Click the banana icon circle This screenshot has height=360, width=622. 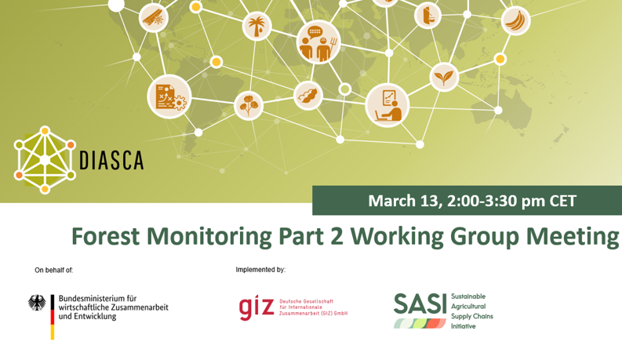pos(515,20)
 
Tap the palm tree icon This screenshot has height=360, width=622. pos(256,26)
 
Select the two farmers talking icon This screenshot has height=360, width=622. pos(318,42)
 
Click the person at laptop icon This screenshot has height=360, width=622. pos(387,105)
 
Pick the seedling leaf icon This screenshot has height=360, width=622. pos(444,77)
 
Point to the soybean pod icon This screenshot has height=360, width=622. pos(308,96)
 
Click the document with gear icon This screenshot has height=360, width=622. pos(169,96)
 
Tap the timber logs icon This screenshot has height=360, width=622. pos(154,17)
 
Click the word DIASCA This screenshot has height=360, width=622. pos(111,161)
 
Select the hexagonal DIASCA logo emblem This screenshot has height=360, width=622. pos(45,160)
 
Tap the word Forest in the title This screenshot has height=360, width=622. pos(105,236)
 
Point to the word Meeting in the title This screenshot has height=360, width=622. pos(573,237)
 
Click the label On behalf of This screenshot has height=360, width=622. pos(54,271)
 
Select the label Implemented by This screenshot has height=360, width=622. pos(260,270)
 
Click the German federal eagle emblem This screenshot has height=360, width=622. pos(37,303)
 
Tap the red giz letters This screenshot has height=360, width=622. pos(256,307)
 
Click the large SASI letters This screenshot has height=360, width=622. pos(420,304)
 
